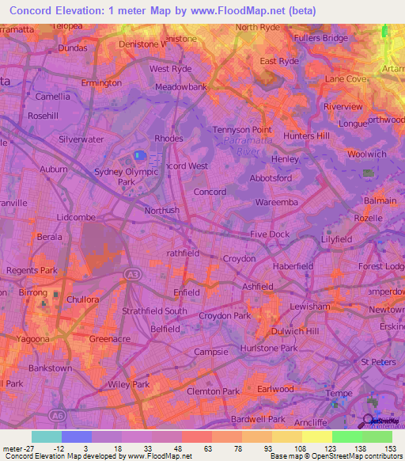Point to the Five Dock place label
click(x=270, y=234)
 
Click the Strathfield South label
click(x=154, y=311)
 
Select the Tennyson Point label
click(x=242, y=129)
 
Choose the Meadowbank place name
click(x=181, y=86)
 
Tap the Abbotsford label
click(x=271, y=178)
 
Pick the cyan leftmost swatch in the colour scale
click(x=47, y=436)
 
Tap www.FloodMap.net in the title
click(x=240, y=10)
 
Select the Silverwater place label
click(x=81, y=139)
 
